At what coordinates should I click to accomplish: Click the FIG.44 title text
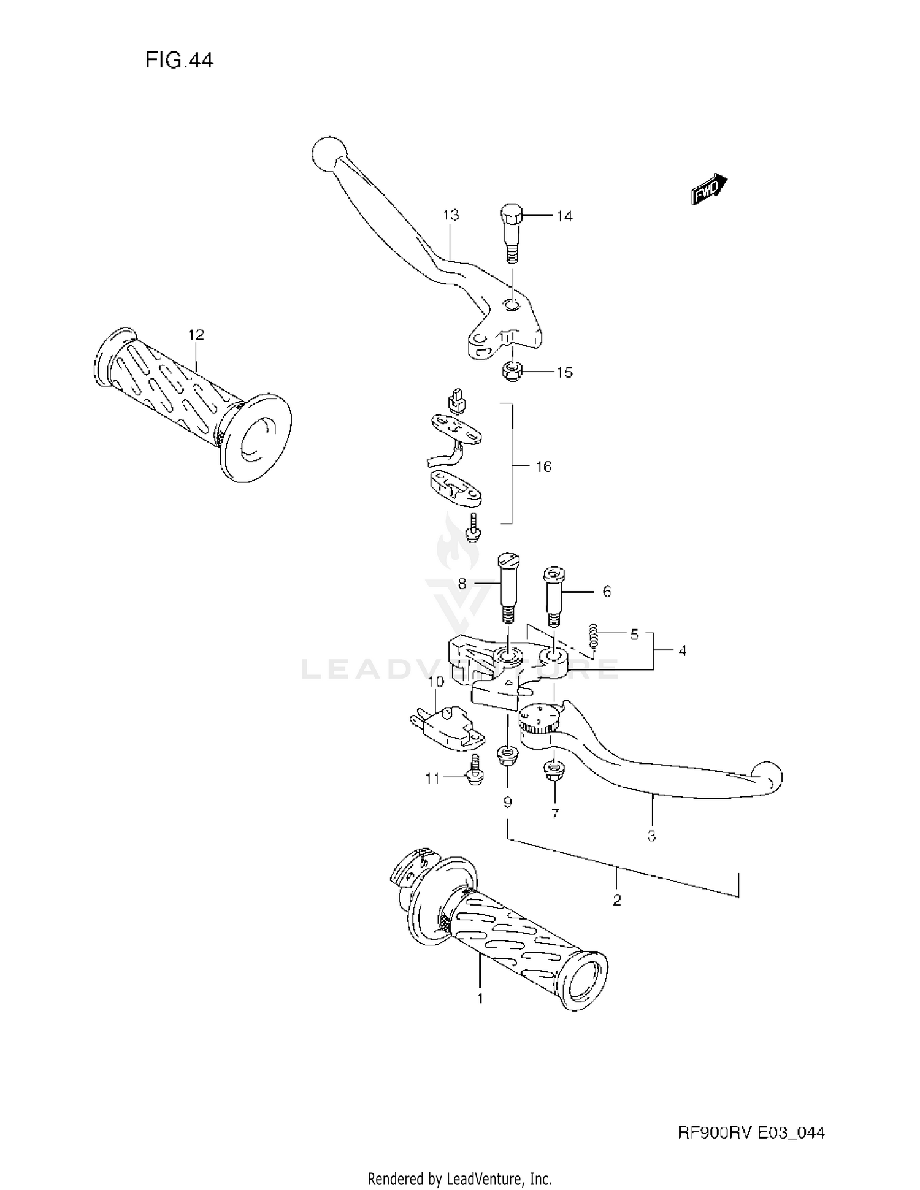tap(179, 60)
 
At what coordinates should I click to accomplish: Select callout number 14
tap(564, 216)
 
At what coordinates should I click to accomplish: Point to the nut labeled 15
tap(510, 370)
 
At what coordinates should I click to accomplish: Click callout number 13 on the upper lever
tap(451, 215)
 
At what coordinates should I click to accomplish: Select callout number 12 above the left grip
tap(196, 335)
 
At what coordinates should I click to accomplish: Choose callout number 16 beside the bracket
tap(543, 467)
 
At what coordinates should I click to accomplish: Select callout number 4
tap(682, 650)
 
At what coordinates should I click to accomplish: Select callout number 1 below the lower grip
tap(480, 998)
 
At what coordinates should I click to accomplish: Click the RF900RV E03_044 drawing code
tap(751, 1132)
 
